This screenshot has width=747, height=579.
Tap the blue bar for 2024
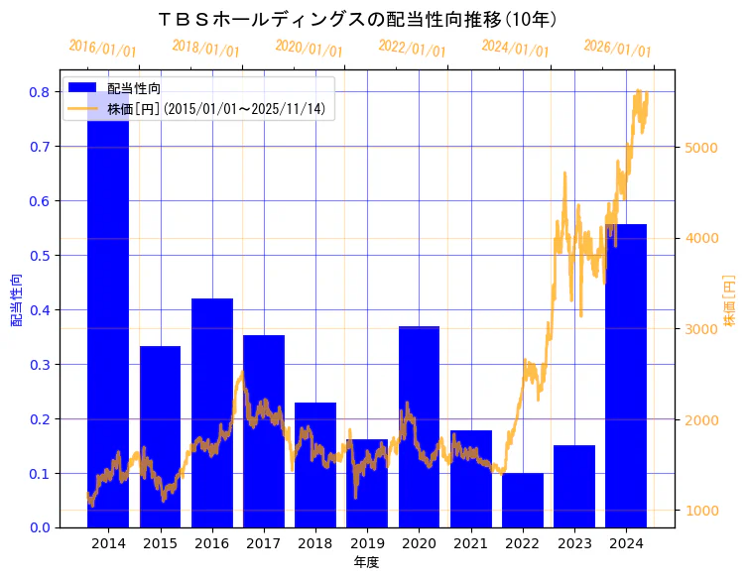(x=626, y=377)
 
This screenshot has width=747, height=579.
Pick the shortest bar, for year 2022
(x=522, y=501)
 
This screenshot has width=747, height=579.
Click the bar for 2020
(x=419, y=426)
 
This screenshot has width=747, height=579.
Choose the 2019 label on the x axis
(x=367, y=543)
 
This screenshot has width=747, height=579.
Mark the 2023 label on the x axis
(x=574, y=543)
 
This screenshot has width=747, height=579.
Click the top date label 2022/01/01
(x=412, y=49)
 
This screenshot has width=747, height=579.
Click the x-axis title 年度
(x=366, y=562)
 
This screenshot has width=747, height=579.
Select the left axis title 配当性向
(x=16, y=299)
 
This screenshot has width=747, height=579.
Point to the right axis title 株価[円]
(x=730, y=300)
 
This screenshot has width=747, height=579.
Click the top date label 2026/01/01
(x=617, y=49)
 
